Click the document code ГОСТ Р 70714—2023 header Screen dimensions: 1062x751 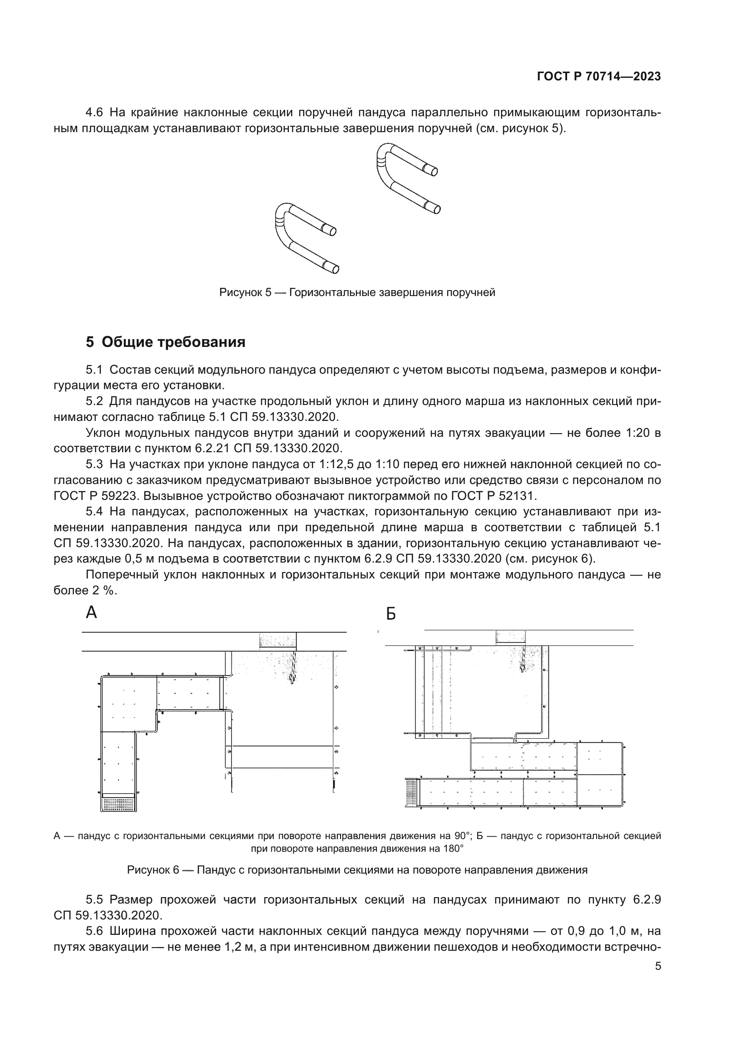tap(599, 76)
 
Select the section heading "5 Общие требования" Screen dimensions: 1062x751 tap(166, 342)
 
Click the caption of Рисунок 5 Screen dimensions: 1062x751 tap(357, 292)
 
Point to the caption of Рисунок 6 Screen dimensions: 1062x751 tap(357, 869)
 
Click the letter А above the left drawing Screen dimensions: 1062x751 tap(92, 613)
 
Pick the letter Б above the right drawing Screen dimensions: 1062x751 tap(391, 614)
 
